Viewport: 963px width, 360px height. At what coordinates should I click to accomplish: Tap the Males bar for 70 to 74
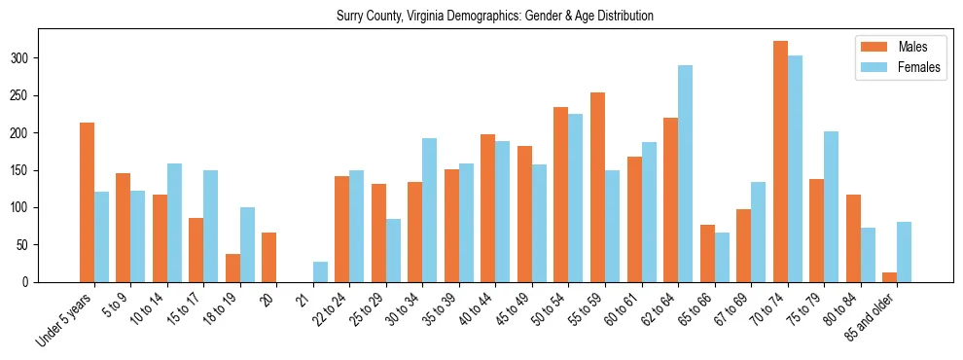[x=780, y=162]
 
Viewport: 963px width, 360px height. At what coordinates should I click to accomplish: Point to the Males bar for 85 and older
[x=889, y=277]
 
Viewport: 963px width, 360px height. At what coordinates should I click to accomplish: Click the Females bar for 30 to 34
[x=430, y=210]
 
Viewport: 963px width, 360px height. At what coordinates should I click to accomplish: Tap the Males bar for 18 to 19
[x=232, y=268]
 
